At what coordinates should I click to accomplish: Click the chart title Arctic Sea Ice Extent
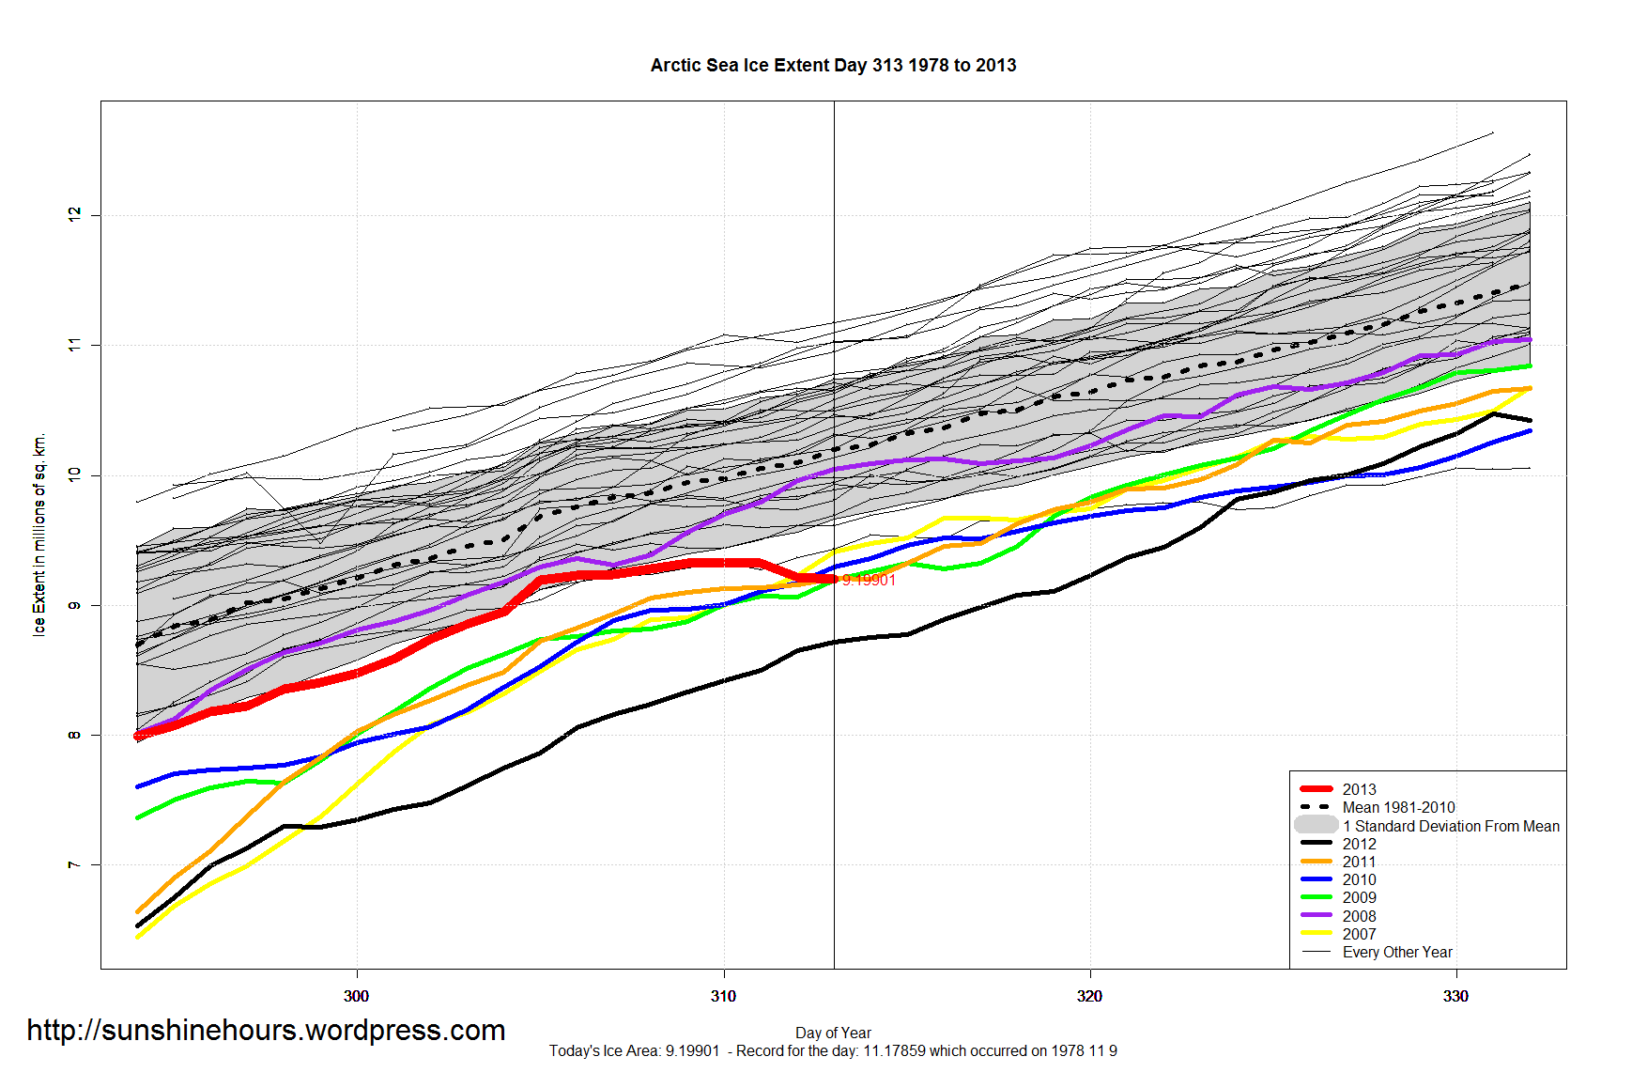[x=833, y=65]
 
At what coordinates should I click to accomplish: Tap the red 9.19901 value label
[x=869, y=581]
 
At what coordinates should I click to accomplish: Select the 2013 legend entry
[x=1358, y=789]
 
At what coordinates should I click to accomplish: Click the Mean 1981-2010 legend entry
[x=1397, y=807]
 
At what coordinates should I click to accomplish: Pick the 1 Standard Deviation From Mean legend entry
[x=1450, y=826]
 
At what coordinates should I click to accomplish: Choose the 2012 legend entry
[x=1358, y=844]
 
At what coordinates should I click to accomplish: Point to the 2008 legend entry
[x=1358, y=916]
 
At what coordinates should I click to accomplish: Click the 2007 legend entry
[x=1358, y=934]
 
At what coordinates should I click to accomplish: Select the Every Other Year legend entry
[x=1396, y=952]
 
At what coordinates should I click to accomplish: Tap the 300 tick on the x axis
[x=357, y=996]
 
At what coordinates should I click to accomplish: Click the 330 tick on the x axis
[x=1455, y=996]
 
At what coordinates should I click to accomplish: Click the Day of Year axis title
[x=833, y=1033]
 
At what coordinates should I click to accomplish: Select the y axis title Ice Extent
[x=39, y=535]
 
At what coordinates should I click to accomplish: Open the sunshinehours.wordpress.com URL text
[x=266, y=1030]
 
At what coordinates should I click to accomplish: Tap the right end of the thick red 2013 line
[x=833, y=580]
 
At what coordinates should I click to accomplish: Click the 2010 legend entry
[x=1358, y=879]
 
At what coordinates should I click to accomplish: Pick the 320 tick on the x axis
[x=1089, y=996]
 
